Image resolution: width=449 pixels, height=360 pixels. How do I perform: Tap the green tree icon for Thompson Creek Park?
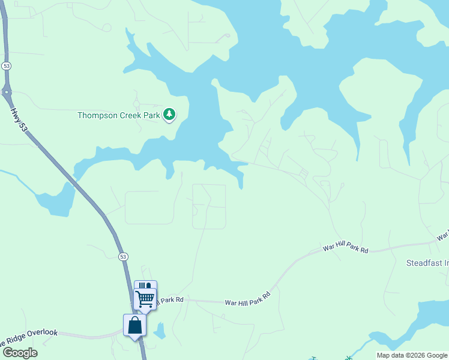170,113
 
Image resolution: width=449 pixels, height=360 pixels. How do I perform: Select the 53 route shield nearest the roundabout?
6,65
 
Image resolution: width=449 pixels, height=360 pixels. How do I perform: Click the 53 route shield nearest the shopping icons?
123,257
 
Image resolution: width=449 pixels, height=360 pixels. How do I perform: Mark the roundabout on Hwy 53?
7,92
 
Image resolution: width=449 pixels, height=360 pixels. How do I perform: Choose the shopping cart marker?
145,298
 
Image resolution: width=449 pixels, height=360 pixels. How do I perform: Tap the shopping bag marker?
135,325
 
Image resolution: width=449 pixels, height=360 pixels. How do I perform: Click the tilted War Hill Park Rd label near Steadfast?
345,248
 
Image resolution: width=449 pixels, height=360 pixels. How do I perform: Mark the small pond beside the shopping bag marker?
158,330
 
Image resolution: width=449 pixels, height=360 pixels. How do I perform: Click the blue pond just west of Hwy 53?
56,200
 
